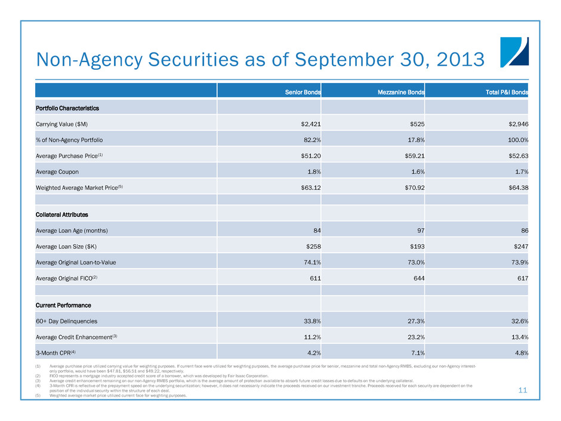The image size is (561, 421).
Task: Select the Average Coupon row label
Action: click(x=61, y=172)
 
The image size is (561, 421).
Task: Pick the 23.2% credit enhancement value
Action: click(x=409, y=336)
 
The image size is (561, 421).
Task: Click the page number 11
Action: click(x=523, y=390)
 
